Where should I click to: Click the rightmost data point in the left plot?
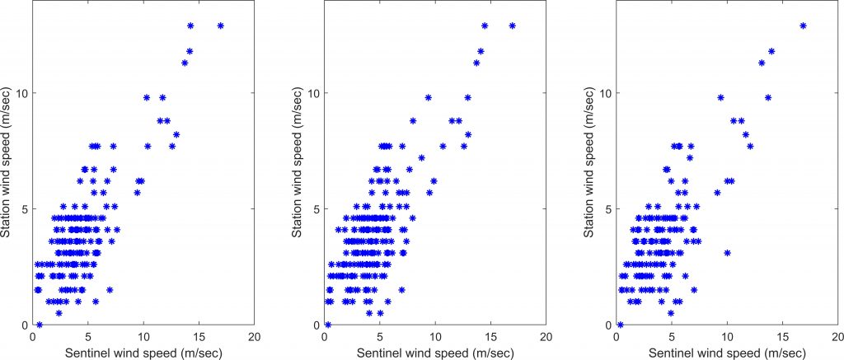[x=221, y=26]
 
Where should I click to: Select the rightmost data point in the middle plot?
[x=513, y=26]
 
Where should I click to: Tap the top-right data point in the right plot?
[x=804, y=26]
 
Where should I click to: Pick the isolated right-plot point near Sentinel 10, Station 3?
[x=727, y=253]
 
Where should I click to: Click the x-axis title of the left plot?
[x=143, y=351]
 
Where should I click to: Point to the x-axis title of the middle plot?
[x=435, y=351]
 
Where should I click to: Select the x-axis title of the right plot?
[x=728, y=351]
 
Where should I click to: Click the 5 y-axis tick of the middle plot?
[x=317, y=208]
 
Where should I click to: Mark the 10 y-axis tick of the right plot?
[x=607, y=92]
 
